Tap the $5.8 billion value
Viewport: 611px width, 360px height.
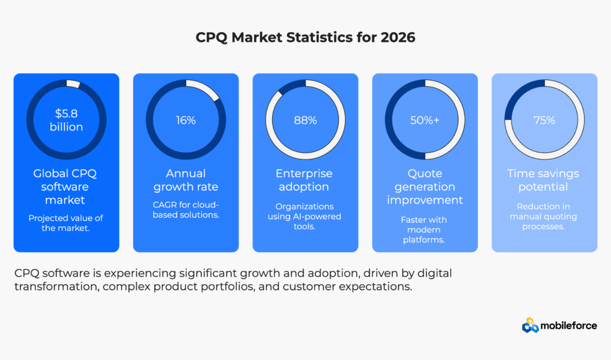click(x=66, y=120)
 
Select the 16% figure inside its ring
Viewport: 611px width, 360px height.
click(x=186, y=120)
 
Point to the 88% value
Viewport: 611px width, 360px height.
click(x=305, y=120)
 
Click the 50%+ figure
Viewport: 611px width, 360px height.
click(x=425, y=120)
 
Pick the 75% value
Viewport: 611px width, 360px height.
click(x=544, y=120)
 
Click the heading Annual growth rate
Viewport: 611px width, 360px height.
click(x=186, y=180)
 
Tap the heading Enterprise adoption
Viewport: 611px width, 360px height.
click(x=305, y=180)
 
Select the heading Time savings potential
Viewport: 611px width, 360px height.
click(x=544, y=180)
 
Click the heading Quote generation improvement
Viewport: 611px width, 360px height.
click(x=425, y=186)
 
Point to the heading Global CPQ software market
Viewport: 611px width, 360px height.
click(x=66, y=186)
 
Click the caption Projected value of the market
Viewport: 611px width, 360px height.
click(x=66, y=223)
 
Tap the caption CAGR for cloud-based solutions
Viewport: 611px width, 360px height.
click(x=186, y=209)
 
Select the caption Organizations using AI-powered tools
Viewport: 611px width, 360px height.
click(x=305, y=216)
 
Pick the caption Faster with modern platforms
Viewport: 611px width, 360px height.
click(x=425, y=230)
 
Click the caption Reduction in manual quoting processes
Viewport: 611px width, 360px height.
click(x=544, y=216)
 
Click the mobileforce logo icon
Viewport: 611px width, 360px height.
click(x=530, y=325)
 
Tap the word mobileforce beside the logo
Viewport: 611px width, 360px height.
click(x=569, y=325)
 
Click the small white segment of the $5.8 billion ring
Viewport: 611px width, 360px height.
click(x=73, y=84)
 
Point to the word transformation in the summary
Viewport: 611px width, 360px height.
click(x=52, y=286)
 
